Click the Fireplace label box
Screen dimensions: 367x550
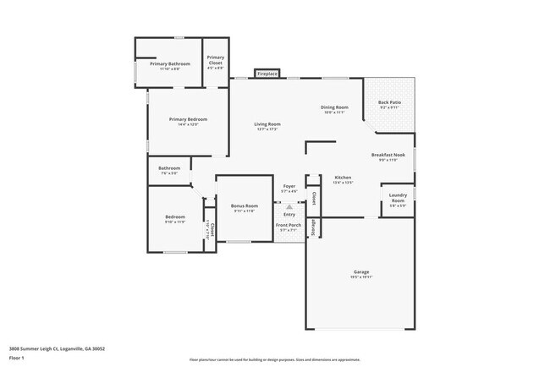click(x=267, y=74)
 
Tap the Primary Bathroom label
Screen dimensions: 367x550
click(x=170, y=64)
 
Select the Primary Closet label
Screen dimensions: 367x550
click(x=215, y=60)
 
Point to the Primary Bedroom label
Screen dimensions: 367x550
click(x=188, y=119)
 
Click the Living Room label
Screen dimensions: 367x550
click(x=267, y=124)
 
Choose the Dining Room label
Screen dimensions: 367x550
click(x=334, y=107)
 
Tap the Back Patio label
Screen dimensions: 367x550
click(x=390, y=102)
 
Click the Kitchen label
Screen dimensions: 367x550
click(x=343, y=177)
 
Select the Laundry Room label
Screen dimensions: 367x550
click(x=398, y=198)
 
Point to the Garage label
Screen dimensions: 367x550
click(x=361, y=271)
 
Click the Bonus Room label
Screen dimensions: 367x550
click(x=244, y=205)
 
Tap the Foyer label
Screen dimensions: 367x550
click(x=289, y=186)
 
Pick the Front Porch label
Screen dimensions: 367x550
click(x=289, y=225)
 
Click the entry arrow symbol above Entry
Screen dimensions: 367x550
click(x=289, y=205)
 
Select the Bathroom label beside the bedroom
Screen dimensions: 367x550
click(x=169, y=168)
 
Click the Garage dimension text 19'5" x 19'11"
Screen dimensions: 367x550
click(x=361, y=277)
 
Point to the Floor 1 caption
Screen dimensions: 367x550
click(x=17, y=358)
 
